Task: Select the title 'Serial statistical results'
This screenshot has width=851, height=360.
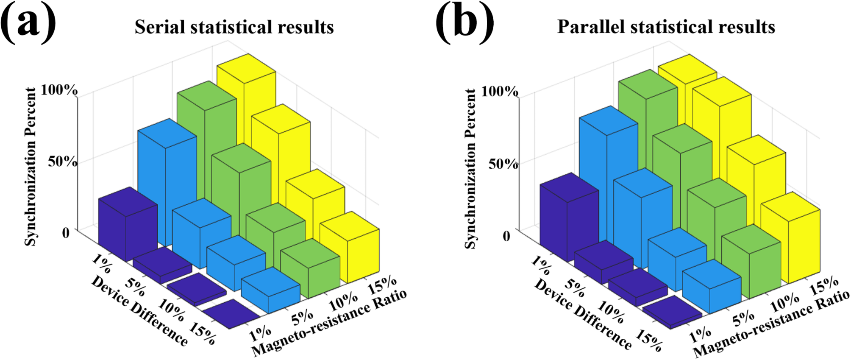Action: [x=234, y=27]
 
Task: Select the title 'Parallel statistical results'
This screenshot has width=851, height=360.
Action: [x=666, y=27]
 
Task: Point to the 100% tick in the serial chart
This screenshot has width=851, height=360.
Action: [x=59, y=90]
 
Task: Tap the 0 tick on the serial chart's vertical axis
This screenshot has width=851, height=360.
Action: [x=66, y=233]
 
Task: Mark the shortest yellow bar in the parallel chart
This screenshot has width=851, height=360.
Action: [x=790, y=246]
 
